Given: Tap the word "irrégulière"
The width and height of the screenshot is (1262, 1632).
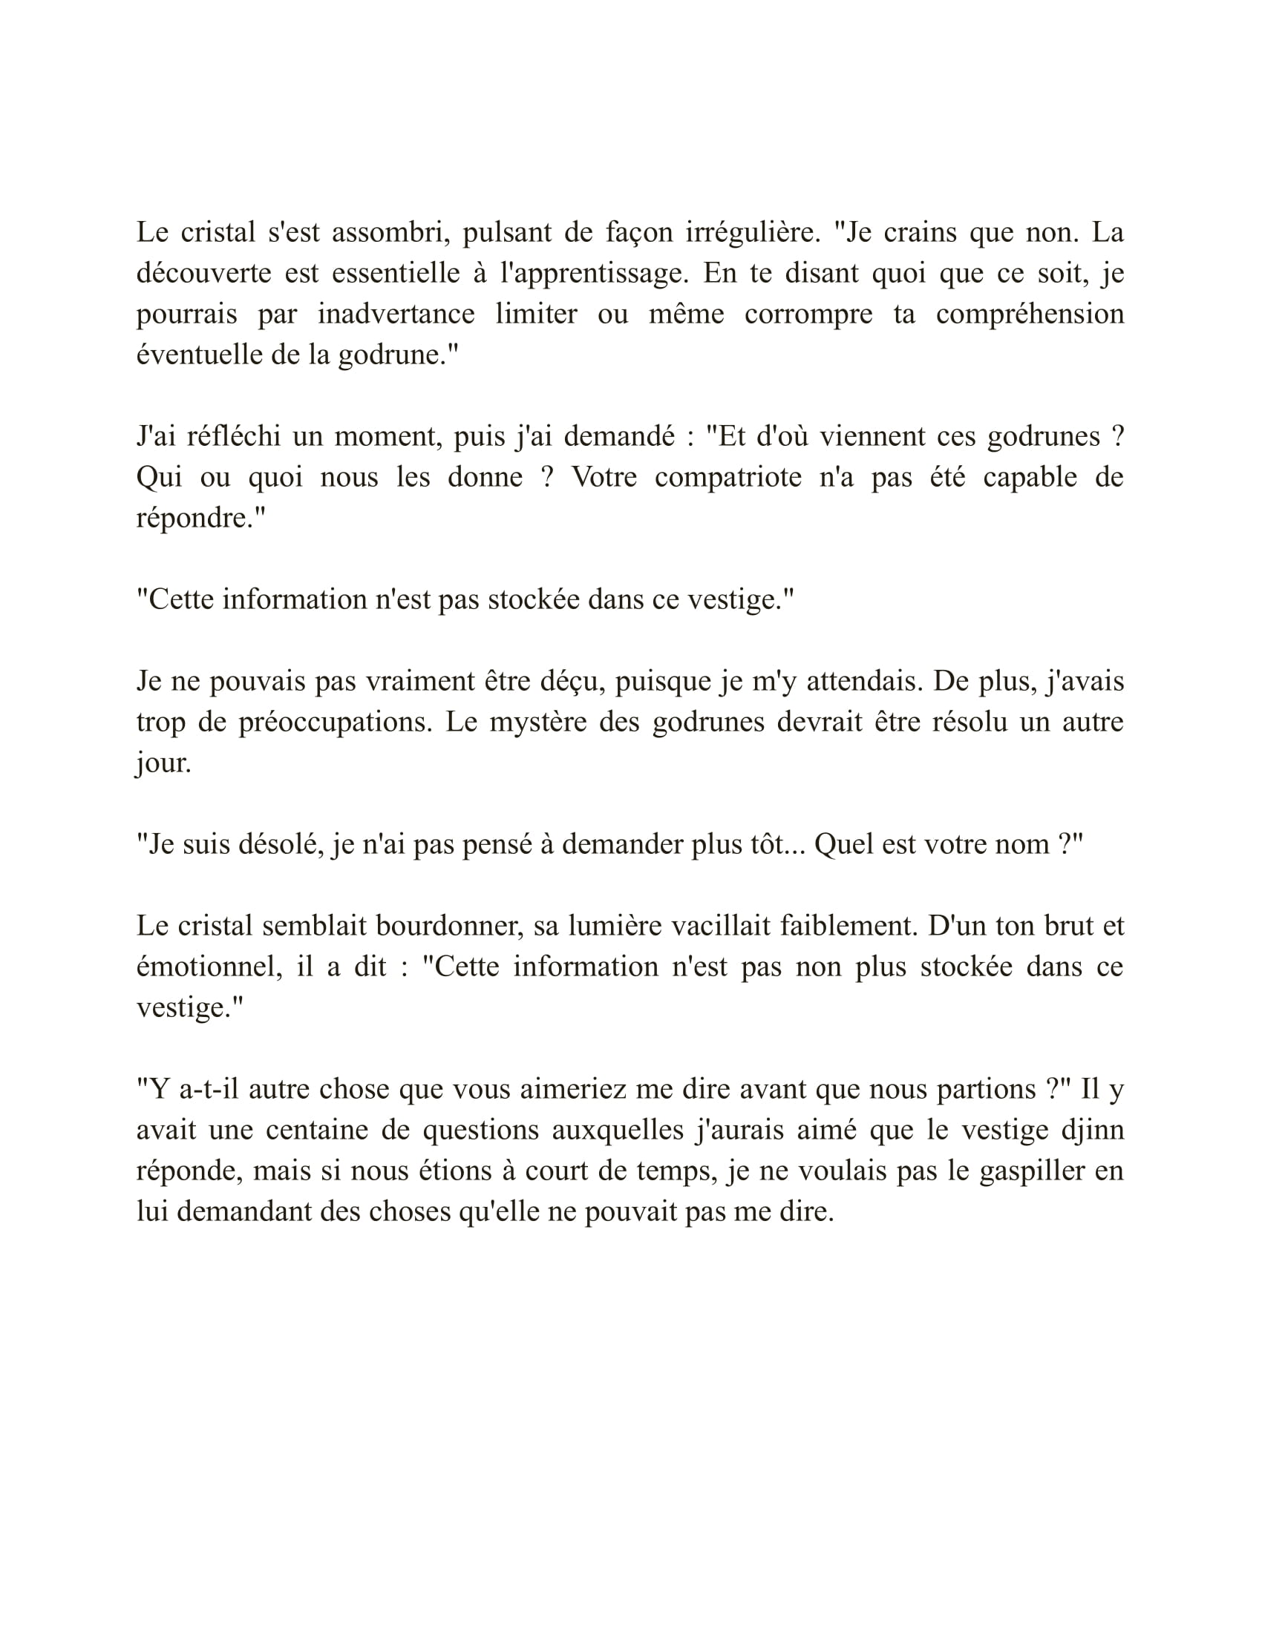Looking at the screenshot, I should point(753,232).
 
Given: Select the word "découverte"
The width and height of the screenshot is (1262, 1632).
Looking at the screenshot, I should point(203,274).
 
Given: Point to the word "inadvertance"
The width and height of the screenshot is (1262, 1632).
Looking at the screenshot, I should point(396,314).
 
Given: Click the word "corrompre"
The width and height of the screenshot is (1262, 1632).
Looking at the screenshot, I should point(808,314).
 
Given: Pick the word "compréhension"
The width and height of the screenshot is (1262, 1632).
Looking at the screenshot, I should point(1030,314).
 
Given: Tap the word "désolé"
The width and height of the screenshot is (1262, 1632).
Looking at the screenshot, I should point(281,844).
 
